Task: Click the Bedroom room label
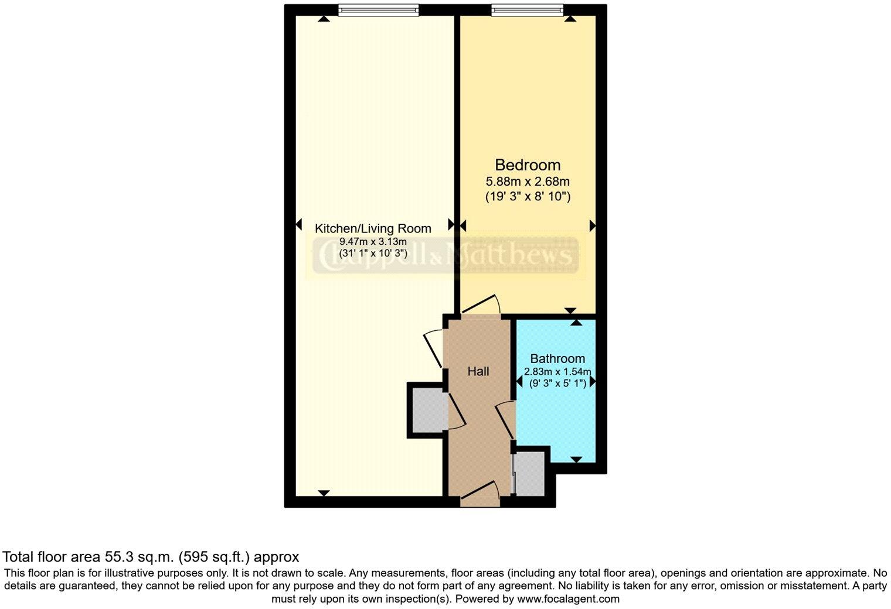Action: click(x=528, y=165)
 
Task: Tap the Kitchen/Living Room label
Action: click(x=373, y=228)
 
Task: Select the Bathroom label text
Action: click(x=557, y=358)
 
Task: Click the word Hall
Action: click(x=478, y=371)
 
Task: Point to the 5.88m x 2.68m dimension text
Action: click(x=528, y=182)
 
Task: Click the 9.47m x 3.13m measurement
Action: click(x=373, y=241)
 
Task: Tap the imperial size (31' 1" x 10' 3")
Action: click(x=373, y=254)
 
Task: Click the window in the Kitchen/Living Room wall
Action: click(x=379, y=9)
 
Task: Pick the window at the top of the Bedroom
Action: click(x=528, y=9)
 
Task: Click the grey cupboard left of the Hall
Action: click(x=428, y=410)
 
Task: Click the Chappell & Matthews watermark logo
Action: click(x=444, y=255)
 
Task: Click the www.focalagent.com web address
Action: click(x=568, y=599)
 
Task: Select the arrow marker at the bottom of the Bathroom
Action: click(x=576, y=460)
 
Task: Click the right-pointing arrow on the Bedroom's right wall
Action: click(x=592, y=225)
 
